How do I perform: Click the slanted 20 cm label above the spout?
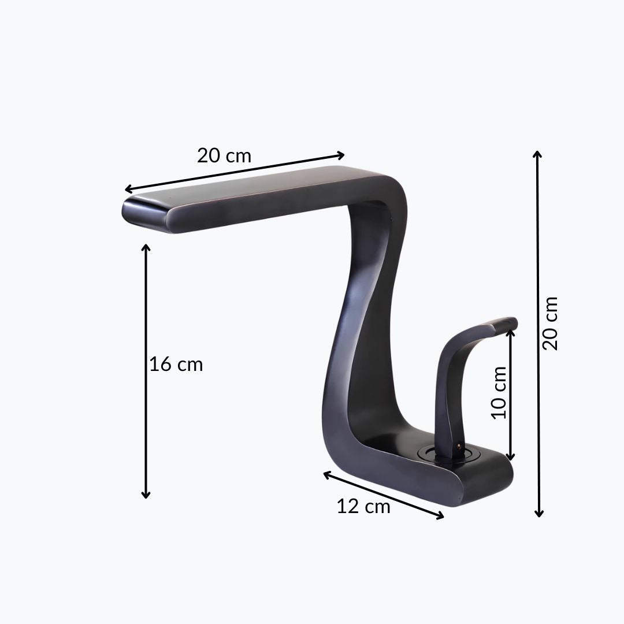[x=224, y=155]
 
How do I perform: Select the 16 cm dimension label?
[x=176, y=364]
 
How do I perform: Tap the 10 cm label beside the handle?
[x=499, y=392]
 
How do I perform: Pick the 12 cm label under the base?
[x=363, y=507]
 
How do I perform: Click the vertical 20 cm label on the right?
[x=550, y=323]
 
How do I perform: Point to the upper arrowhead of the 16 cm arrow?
[x=146, y=247]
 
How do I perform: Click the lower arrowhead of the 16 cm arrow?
[x=146, y=495]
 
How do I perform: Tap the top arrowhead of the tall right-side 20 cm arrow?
[x=537, y=154]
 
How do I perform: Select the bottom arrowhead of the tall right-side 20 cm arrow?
[x=539, y=513]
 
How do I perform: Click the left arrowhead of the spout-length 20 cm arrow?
[x=128, y=189]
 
